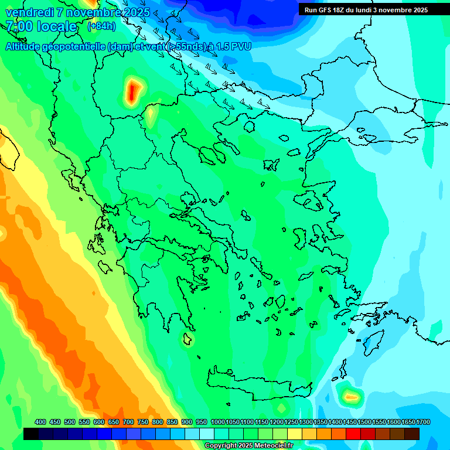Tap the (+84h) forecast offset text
click(x=101, y=26)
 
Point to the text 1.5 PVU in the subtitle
click(x=232, y=46)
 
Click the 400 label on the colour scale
click(x=40, y=422)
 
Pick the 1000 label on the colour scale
click(x=218, y=422)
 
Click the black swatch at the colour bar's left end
click(x=31, y=434)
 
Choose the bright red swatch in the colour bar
click(x=353, y=434)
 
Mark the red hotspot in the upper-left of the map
click(x=134, y=90)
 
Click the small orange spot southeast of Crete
click(x=351, y=397)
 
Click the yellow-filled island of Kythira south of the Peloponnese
click(x=187, y=339)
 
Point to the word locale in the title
click(x=56, y=26)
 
